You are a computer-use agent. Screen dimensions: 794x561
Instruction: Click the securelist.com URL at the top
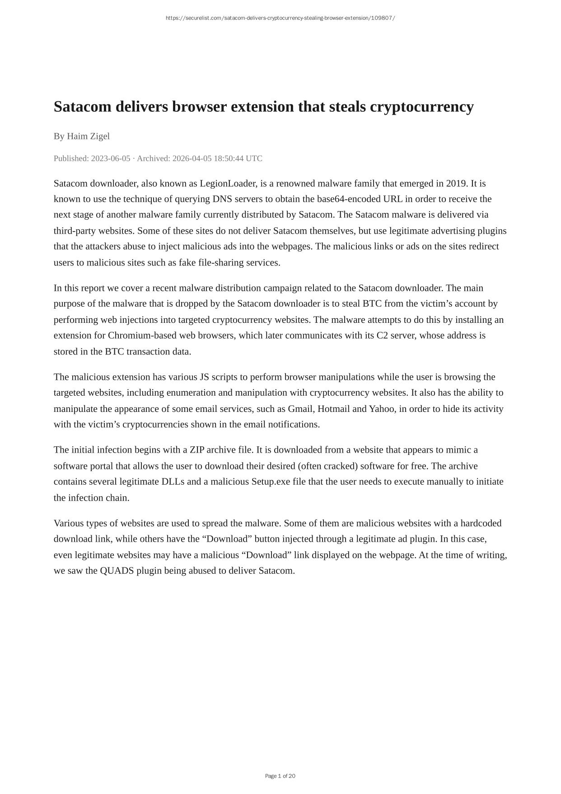[280, 18]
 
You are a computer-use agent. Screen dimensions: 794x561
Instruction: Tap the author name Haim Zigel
[88, 136]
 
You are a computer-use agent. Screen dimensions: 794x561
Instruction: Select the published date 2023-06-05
[111, 158]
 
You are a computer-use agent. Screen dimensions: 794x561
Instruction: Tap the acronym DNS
[222, 199]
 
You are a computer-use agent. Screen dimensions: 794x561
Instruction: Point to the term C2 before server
[382, 336]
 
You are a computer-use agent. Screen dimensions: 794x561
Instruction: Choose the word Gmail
[300, 409]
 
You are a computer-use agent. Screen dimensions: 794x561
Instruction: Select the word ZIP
[197, 450]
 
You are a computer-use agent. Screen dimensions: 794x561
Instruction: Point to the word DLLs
[173, 482]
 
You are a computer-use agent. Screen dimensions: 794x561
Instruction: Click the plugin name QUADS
[117, 571]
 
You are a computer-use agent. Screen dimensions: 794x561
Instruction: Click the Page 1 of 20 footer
[280, 776]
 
